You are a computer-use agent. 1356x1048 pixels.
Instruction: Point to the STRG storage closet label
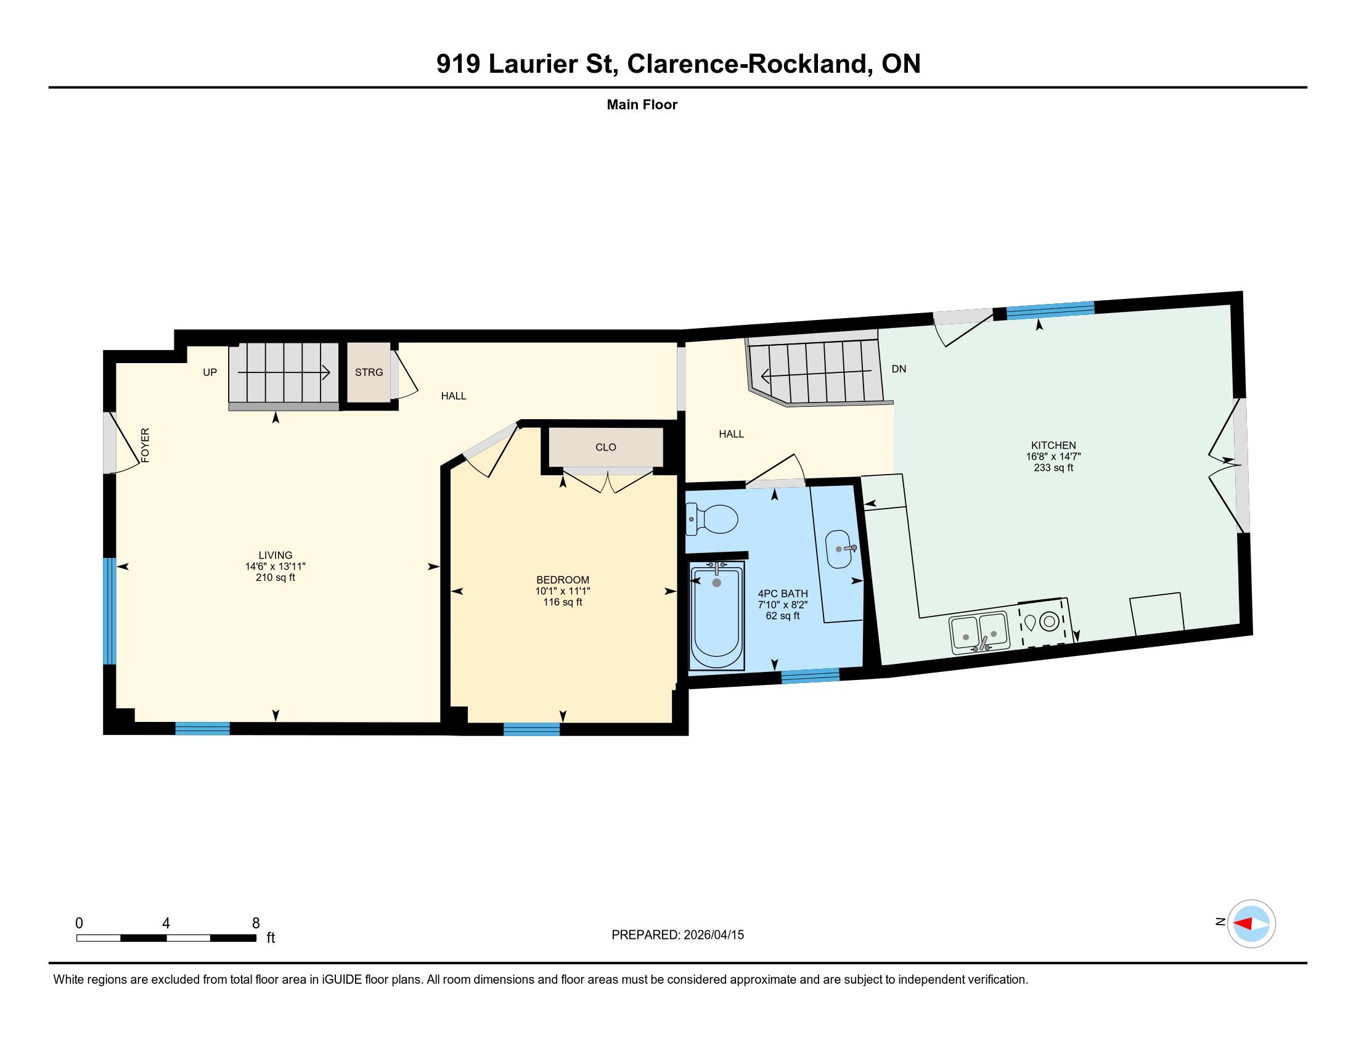369,372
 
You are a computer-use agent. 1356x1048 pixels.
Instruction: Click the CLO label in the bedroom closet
605,447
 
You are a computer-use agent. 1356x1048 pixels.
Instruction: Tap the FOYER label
145,445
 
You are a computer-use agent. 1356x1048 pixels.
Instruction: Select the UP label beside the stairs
210,372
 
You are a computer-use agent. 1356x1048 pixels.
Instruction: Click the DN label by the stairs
899,369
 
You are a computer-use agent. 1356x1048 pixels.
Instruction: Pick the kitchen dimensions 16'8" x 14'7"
1053,456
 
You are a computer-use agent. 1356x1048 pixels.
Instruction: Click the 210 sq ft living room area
275,578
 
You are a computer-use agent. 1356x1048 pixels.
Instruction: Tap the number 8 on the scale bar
256,923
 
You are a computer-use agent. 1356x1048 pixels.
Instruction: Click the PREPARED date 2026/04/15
713,935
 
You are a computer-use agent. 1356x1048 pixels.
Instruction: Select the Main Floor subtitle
642,104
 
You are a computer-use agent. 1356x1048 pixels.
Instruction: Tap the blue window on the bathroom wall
810,676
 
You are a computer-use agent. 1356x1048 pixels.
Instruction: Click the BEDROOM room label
563,580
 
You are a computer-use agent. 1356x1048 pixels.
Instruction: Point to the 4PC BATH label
782,594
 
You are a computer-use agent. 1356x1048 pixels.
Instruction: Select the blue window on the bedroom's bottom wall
531,729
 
